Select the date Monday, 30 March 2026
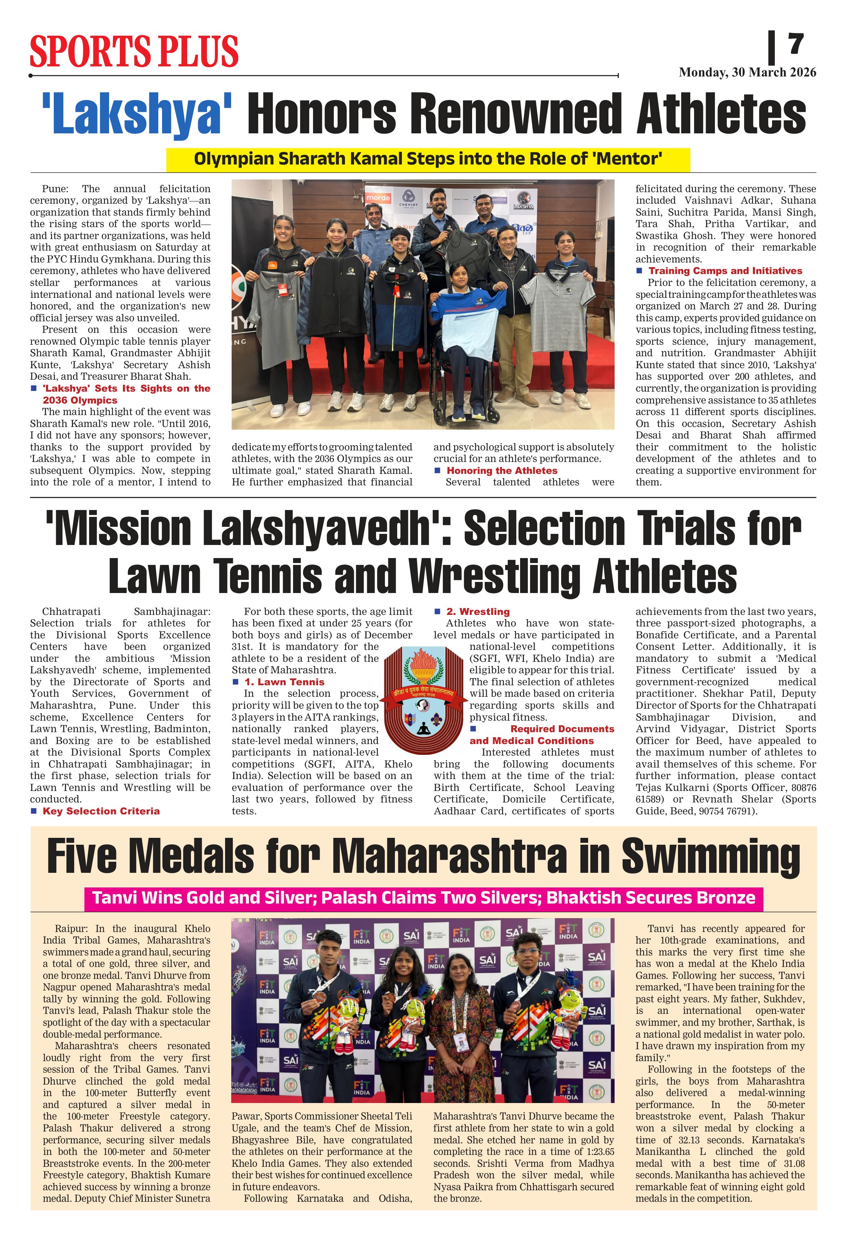coord(747,73)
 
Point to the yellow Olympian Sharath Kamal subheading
coord(428,159)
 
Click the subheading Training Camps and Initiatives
coord(725,271)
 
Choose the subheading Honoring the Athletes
coord(501,470)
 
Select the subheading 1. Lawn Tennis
coord(284,682)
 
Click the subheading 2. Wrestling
coord(478,611)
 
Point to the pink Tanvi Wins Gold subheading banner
coord(423,898)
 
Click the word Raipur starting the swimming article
coord(70,929)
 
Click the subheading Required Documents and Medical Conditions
coord(541,735)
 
